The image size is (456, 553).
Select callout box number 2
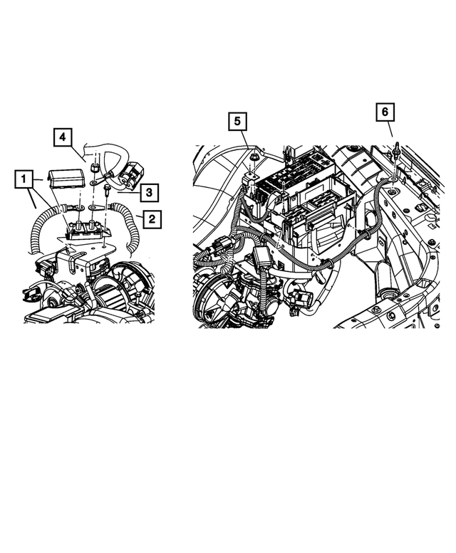click(151, 218)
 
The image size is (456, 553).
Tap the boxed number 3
click(148, 191)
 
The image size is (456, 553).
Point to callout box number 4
click(62, 135)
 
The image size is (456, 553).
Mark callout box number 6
click(385, 112)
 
